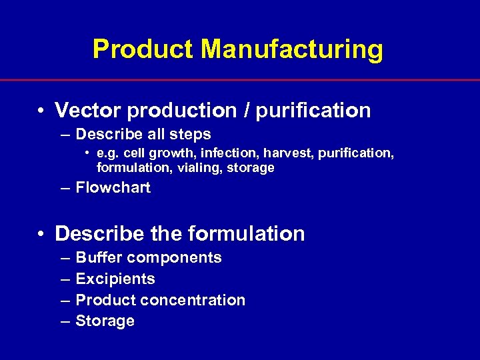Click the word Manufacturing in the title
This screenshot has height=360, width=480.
pos(292,49)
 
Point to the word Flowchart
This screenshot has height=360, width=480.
pos(113,188)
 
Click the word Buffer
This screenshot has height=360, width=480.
pos(99,257)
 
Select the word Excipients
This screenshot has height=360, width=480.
pos(115,279)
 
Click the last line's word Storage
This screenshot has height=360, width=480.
pos(105,321)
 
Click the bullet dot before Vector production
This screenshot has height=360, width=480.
pos(41,111)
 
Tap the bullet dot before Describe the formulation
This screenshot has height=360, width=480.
pos(41,234)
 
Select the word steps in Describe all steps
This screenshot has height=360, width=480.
pos(191,134)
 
